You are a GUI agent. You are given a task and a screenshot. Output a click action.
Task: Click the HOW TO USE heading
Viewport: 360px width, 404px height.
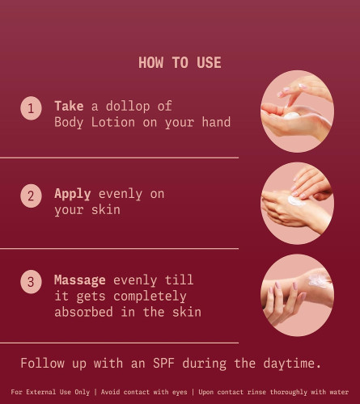[x=180, y=62]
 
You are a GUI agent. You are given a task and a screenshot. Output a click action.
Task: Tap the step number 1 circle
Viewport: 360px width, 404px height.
[x=31, y=108]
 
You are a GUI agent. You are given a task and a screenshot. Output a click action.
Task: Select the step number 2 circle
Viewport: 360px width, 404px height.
[x=31, y=196]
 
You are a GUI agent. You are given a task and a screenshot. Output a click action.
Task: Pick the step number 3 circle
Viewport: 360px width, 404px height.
[x=31, y=282]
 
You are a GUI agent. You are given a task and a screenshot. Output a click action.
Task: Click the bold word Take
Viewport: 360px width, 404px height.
[x=69, y=106]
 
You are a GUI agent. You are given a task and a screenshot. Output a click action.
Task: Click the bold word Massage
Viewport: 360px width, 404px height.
[x=80, y=280]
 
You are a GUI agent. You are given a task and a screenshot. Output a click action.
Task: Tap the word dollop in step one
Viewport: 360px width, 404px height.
[x=128, y=106]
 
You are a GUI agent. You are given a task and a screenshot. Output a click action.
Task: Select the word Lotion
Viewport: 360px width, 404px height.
[x=113, y=122]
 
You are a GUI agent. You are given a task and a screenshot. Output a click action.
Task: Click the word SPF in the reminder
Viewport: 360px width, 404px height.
[x=163, y=363]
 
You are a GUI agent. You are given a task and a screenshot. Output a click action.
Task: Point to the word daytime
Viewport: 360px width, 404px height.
[x=292, y=364]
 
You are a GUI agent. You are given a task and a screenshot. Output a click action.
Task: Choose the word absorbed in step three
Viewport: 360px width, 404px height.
[x=83, y=312]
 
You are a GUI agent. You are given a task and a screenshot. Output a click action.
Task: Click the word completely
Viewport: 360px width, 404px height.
[x=150, y=297]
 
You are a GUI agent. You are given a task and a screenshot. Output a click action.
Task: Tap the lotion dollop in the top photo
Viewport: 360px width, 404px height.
[x=291, y=116]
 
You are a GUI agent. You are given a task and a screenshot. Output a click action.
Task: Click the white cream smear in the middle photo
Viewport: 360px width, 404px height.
[x=296, y=200]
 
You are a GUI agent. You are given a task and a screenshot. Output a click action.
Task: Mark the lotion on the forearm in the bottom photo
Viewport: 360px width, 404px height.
[x=318, y=280]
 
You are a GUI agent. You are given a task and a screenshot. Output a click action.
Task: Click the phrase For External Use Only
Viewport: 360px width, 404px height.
[x=50, y=392]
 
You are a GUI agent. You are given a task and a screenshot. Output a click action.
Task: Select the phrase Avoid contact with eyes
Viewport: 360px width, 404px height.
[x=144, y=392]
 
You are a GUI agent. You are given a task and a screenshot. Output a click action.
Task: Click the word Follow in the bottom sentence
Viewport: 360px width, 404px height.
[x=43, y=363]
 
